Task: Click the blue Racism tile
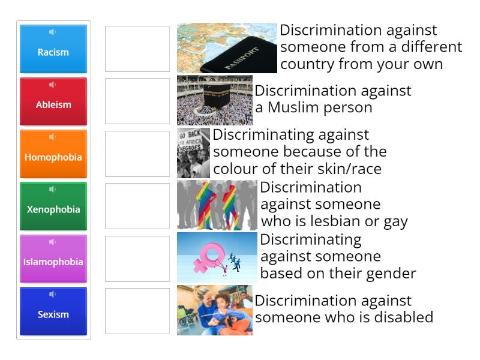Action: coord(53,49)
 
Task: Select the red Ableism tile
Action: coord(53,101)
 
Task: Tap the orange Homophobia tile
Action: coord(53,154)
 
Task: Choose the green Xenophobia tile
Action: coord(53,206)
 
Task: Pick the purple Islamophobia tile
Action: coord(53,259)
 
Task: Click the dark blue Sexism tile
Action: coord(53,311)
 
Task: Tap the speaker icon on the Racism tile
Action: coord(53,32)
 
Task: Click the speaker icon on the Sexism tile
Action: coord(53,295)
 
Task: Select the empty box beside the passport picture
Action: coord(137,49)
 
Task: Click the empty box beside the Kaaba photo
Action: coord(137,101)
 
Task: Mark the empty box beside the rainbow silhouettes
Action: coord(137,206)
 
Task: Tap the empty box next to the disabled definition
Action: coord(137,311)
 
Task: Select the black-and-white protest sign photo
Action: coord(193,153)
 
